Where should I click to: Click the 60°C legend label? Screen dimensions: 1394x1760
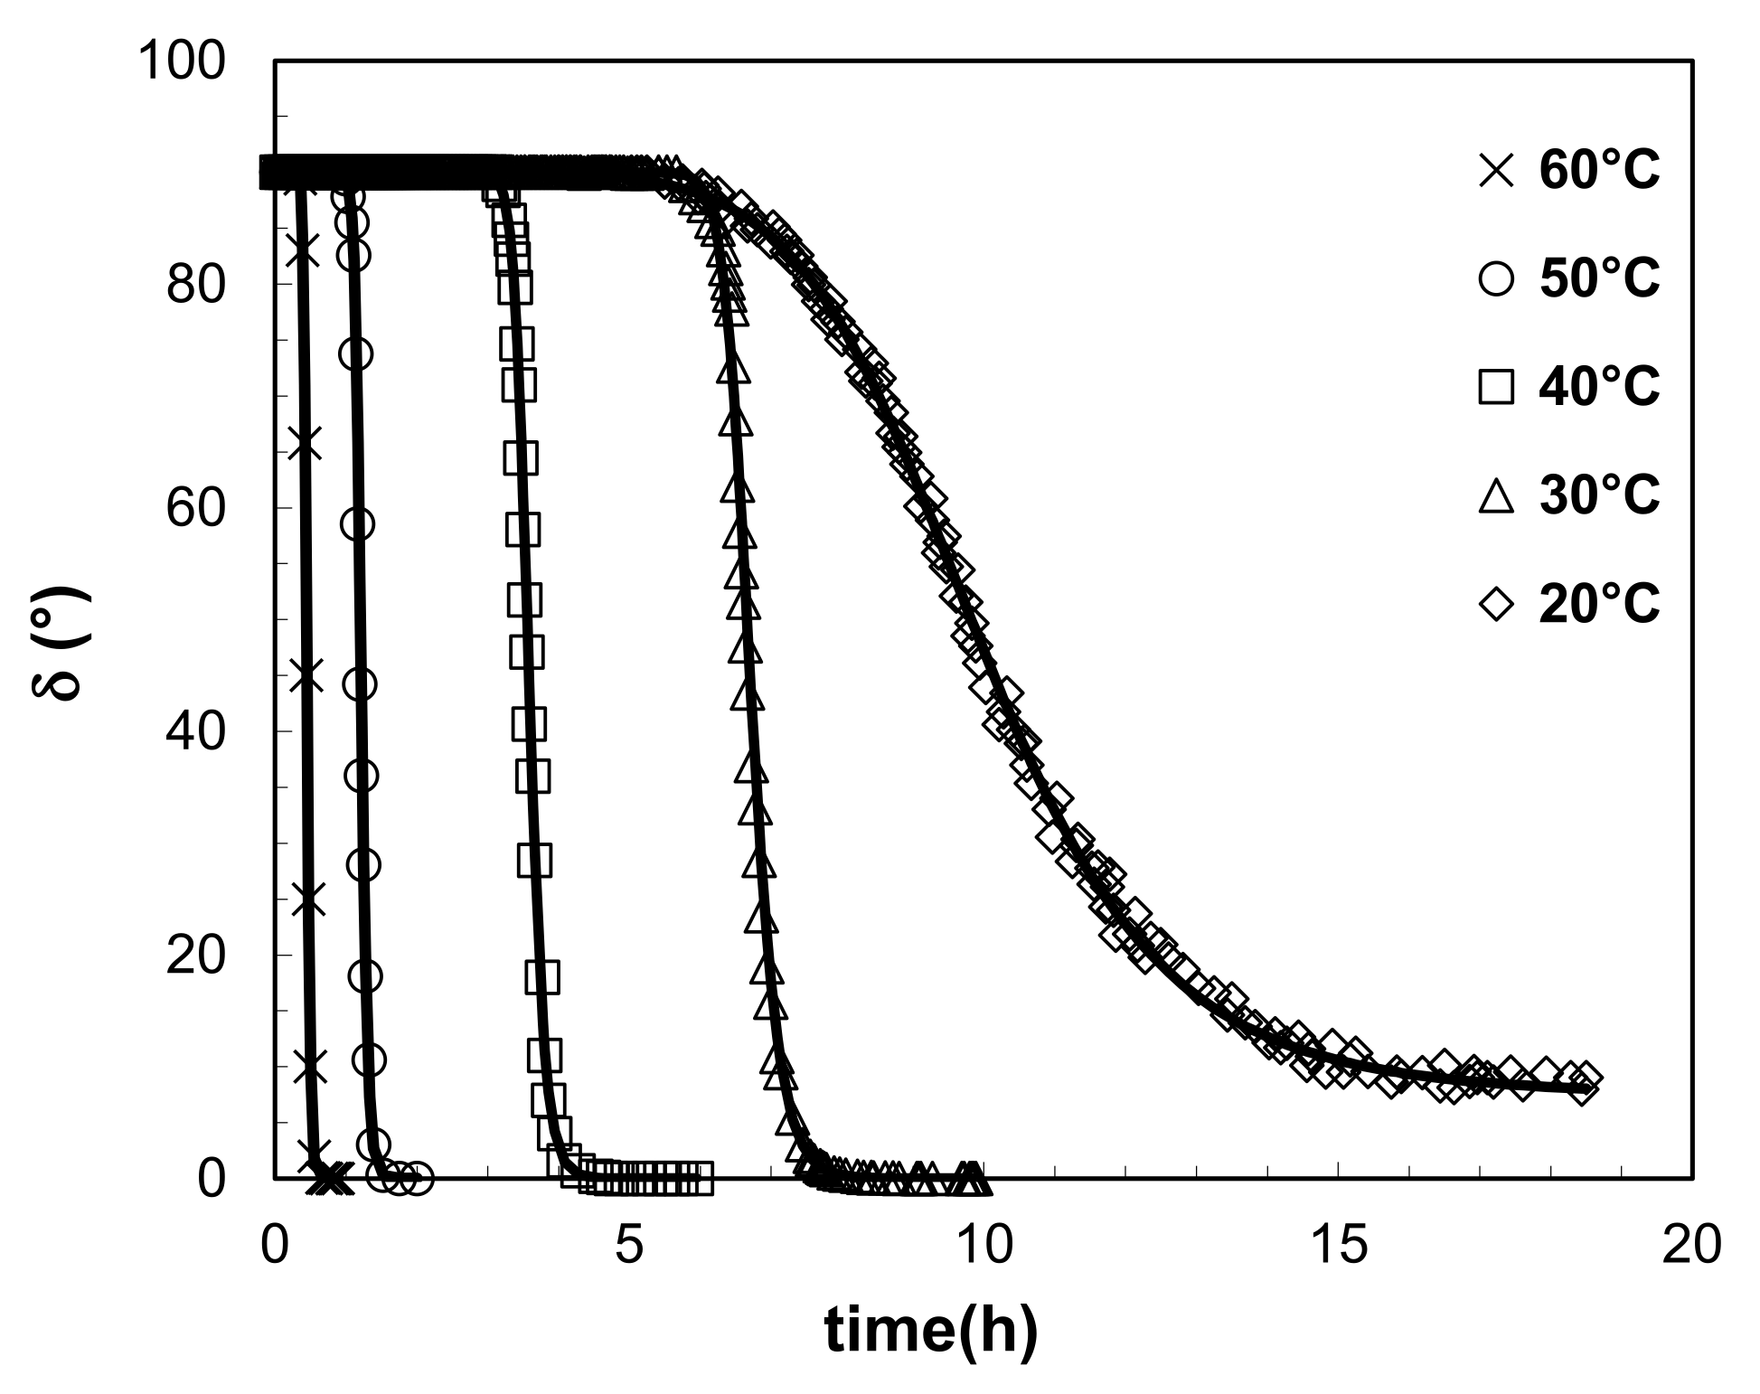[1599, 171]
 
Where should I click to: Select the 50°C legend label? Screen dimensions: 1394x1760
[1599, 278]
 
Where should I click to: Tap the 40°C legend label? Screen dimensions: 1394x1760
[1599, 387]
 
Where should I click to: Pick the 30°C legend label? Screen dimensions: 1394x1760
[1599, 494]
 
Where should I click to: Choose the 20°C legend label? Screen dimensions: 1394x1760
[1599, 603]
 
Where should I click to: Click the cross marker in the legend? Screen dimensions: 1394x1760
[1496, 171]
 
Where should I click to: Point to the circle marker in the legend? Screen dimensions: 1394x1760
[1496, 279]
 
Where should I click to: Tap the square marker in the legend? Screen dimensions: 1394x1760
[1496, 387]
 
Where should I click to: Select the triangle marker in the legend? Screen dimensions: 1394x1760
[1496, 494]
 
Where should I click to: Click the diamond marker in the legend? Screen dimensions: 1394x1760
[1496, 603]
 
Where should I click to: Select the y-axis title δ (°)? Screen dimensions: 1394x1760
[61, 644]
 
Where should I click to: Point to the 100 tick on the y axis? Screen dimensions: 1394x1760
[180, 62]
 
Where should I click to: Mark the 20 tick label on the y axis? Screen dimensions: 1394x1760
[195, 956]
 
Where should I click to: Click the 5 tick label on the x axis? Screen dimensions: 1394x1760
[629, 1246]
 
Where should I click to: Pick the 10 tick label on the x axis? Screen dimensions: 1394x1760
[984, 1246]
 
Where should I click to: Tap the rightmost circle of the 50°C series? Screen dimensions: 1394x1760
[418, 1178]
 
